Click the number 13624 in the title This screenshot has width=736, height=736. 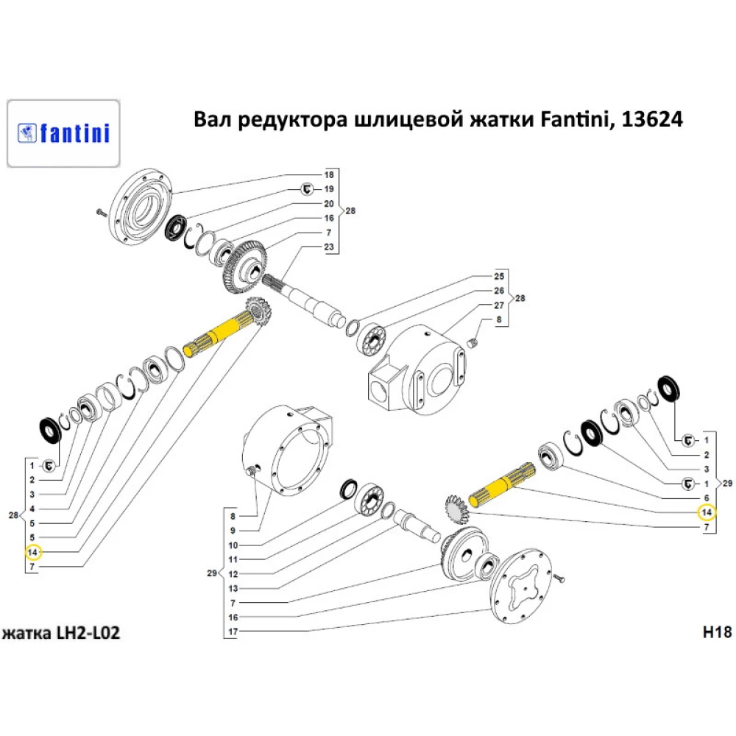tap(652, 119)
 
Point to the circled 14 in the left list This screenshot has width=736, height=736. tap(32, 551)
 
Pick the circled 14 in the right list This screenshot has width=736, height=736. tap(705, 512)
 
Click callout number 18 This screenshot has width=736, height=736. tap(329, 175)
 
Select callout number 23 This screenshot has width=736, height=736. tap(329, 246)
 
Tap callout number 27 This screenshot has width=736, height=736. tap(498, 305)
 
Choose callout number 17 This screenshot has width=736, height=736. tap(233, 631)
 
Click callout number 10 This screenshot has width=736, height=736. tap(233, 545)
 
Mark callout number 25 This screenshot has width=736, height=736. tap(498, 277)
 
